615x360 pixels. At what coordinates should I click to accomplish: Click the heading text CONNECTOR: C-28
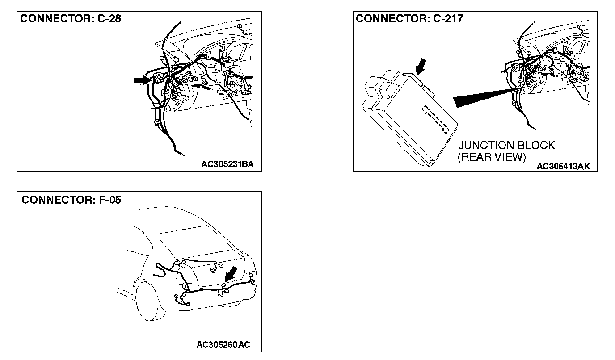(70, 19)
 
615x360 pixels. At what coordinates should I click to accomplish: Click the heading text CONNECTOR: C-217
(409, 19)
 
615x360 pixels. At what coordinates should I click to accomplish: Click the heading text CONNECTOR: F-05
(71, 200)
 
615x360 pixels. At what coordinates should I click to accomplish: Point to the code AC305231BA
(227, 164)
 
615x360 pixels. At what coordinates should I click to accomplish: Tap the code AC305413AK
(563, 166)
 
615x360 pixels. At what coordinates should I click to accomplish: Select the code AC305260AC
(223, 345)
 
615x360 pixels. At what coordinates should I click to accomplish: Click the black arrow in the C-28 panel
(142, 80)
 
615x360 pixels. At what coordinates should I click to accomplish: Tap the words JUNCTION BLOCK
(506, 146)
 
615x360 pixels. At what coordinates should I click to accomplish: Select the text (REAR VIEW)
(492, 157)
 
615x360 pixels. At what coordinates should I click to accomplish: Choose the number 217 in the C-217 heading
(454, 19)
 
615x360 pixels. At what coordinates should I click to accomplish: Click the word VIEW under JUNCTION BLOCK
(509, 157)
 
